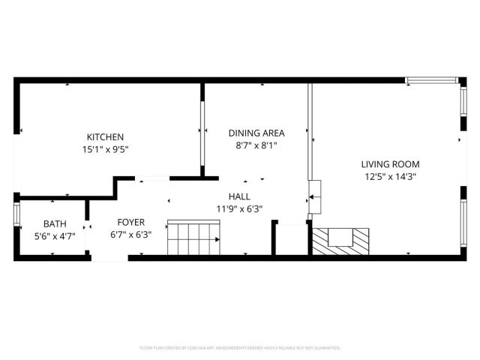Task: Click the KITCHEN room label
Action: click(x=105, y=136)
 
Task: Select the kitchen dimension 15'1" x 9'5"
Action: click(x=105, y=148)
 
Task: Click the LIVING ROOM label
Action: click(x=390, y=164)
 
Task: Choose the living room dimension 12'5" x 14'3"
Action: click(x=390, y=177)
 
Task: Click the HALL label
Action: click(x=239, y=196)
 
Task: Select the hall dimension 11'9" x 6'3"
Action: click(x=239, y=209)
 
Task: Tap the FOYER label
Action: click(x=130, y=223)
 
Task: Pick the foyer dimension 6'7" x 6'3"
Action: click(x=130, y=235)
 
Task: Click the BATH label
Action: click(x=55, y=223)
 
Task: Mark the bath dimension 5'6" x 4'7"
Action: click(x=55, y=235)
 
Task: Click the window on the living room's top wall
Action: click(x=431, y=79)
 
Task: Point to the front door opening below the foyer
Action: click(x=109, y=258)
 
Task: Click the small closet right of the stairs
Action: click(x=290, y=239)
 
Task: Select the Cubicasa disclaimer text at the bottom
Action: click(x=240, y=348)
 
